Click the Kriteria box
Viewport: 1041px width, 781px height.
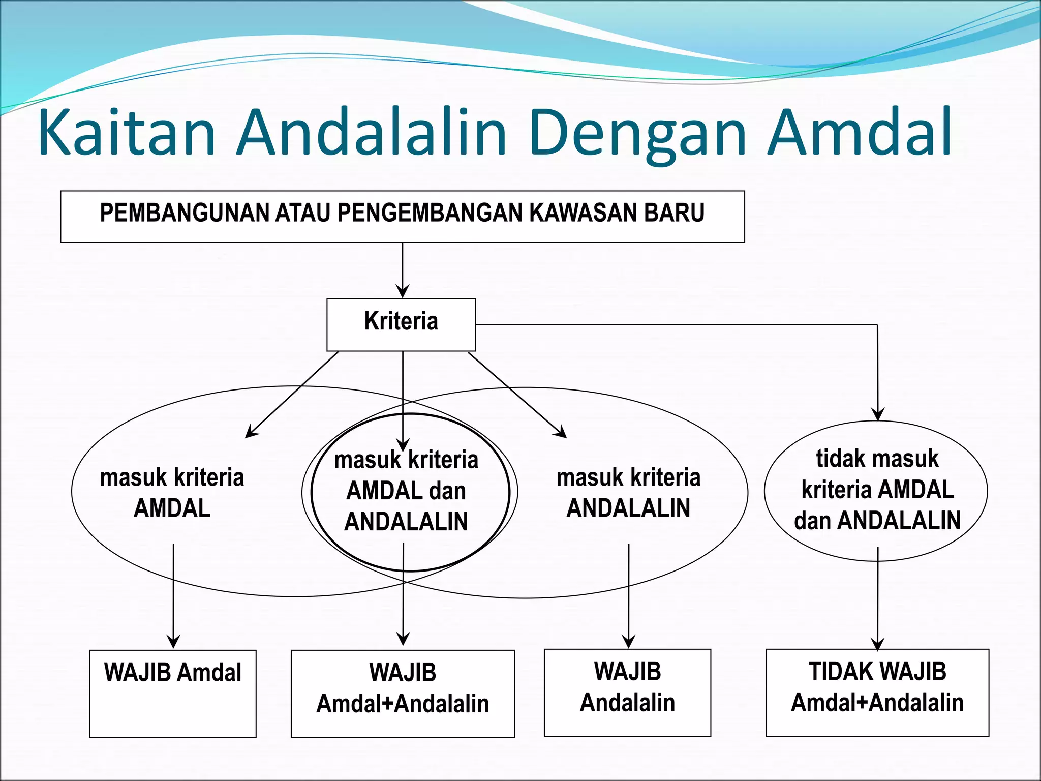point(401,324)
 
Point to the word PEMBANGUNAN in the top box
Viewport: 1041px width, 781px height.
point(186,213)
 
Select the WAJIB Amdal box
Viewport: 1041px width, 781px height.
point(173,694)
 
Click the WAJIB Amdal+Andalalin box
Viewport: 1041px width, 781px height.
point(403,694)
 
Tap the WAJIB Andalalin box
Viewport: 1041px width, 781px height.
point(627,693)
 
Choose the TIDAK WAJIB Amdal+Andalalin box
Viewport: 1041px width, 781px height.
point(877,693)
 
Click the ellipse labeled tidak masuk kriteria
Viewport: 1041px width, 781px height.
point(876,490)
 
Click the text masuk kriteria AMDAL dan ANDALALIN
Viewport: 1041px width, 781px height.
point(406,491)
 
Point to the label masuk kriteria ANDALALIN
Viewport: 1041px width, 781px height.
point(628,492)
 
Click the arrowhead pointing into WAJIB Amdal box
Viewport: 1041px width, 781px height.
point(173,642)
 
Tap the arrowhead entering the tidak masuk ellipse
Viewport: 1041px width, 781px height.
point(878,414)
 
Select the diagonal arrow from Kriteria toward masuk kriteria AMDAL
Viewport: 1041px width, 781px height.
point(292,394)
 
